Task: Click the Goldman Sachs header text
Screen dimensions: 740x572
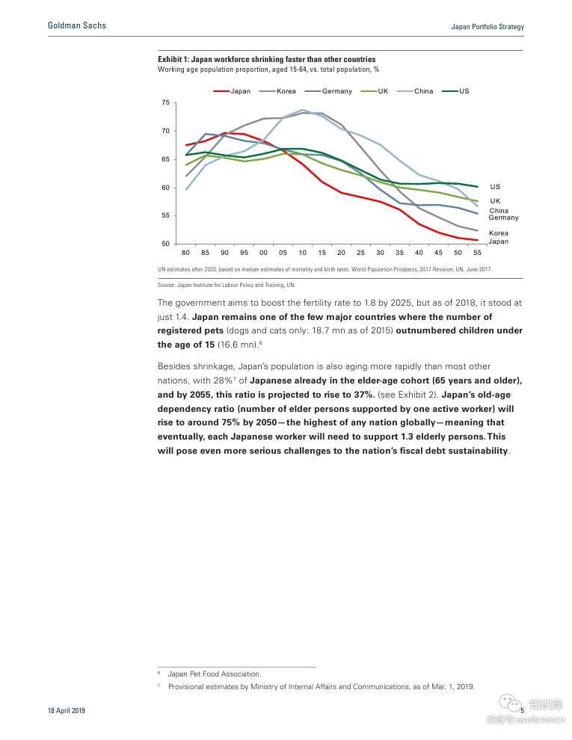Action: pyautogui.click(x=77, y=25)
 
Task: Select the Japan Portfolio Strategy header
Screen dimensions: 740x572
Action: pyautogui.click(x=488, y=27)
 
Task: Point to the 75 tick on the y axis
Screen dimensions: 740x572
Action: pyautogui.click(x=165, y=102)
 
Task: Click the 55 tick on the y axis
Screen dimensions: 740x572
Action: pyautogui.click(x=165, y=215)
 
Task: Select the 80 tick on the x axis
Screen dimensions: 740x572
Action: pyautogui.click(x=185, y=253)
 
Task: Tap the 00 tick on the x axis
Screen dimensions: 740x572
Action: pyautogui.click(x=263, y=253)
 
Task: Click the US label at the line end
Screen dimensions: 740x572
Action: pyautogui.click(x=495, y=186)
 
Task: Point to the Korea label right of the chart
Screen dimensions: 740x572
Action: pyautogui.click(x=499, y=233)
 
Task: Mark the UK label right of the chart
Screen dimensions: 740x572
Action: pyautogui.click(x=495, y=201)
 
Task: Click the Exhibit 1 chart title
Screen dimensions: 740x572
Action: pyautogui.click(x=267, y=59)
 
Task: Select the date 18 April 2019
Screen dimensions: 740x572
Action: pyautogui.click(x=66, y=711)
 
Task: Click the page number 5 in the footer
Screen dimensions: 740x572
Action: pyautogui.click(x=522, y=711)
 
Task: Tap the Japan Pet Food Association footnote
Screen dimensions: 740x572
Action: pyautogui.click(x=214, y=673)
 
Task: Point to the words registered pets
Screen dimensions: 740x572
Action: pyautogui.click(x=188, y=330)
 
